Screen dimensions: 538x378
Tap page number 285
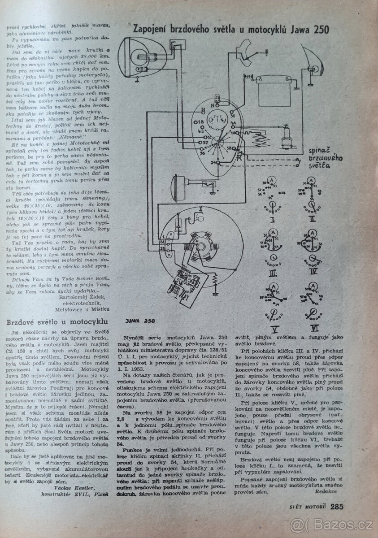tap(337, 507)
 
